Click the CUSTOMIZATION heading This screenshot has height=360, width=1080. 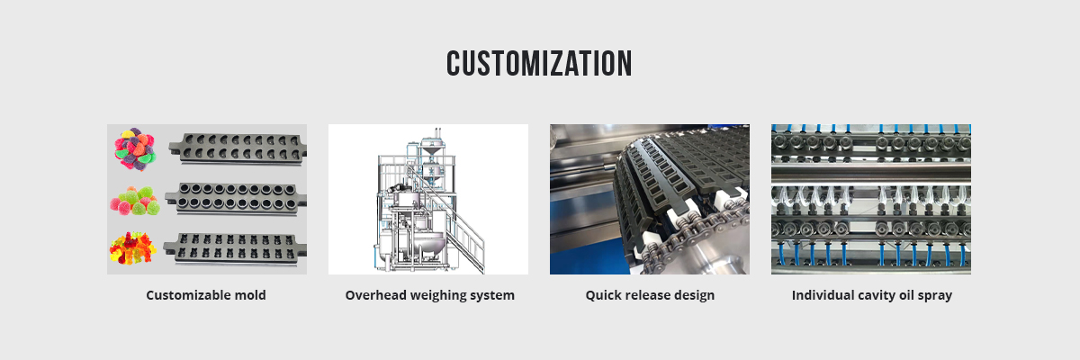click(x=539, y=63)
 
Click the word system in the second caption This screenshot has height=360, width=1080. click(x=494, y=295)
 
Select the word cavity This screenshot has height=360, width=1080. click(x=882, y=295)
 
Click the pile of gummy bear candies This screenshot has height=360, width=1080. click(x=133, y=248)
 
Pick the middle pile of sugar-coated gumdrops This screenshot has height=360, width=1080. click(x=136, y=200)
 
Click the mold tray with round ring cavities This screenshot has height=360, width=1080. click(x=237, y=196)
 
